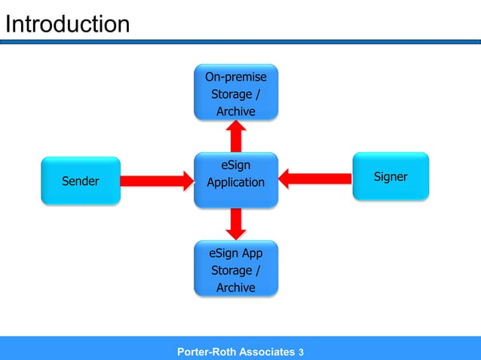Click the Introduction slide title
point(67,24)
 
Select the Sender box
point(80,181)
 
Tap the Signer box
point(391,176)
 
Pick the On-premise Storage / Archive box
point(236,93)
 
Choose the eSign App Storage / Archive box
point(236,269)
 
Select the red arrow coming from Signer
point(316,178)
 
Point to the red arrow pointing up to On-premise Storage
point(236,136)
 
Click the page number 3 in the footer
point(302,352)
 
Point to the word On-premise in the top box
point(236,77)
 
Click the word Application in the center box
point(236,182)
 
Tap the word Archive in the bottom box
point(236,288)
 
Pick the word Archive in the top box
point(236,111)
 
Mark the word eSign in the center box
point(236,165)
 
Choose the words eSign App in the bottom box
point(236,253)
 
